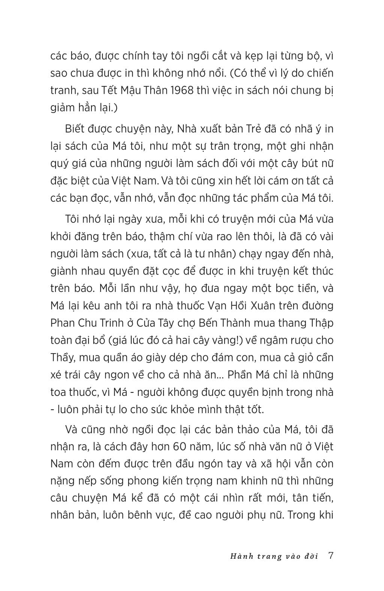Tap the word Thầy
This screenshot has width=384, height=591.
62,357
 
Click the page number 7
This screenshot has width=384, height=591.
330,556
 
